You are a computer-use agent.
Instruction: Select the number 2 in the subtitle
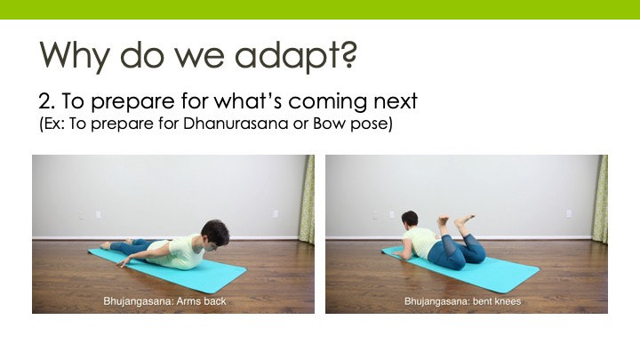coord(45,101)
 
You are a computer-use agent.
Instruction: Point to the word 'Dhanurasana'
coord(236,124)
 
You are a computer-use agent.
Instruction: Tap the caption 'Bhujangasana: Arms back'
coord(164,301)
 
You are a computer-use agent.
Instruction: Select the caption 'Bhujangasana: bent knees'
coord(462,301)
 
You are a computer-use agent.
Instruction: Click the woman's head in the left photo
coord(214,235)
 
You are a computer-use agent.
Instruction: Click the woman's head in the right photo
coord(410,220)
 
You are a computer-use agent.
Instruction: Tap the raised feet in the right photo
coord(455,220)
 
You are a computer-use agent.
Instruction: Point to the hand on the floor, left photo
coord(123,263)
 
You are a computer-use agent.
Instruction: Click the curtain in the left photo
coord(307,200)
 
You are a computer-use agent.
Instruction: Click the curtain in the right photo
coord(600,200)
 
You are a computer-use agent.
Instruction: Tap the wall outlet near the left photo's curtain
coord(276,214)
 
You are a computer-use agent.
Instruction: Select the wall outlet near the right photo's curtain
coord(569,213)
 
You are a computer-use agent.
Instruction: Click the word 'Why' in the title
coord(75,56)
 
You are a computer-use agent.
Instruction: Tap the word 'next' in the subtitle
coord(396,101)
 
